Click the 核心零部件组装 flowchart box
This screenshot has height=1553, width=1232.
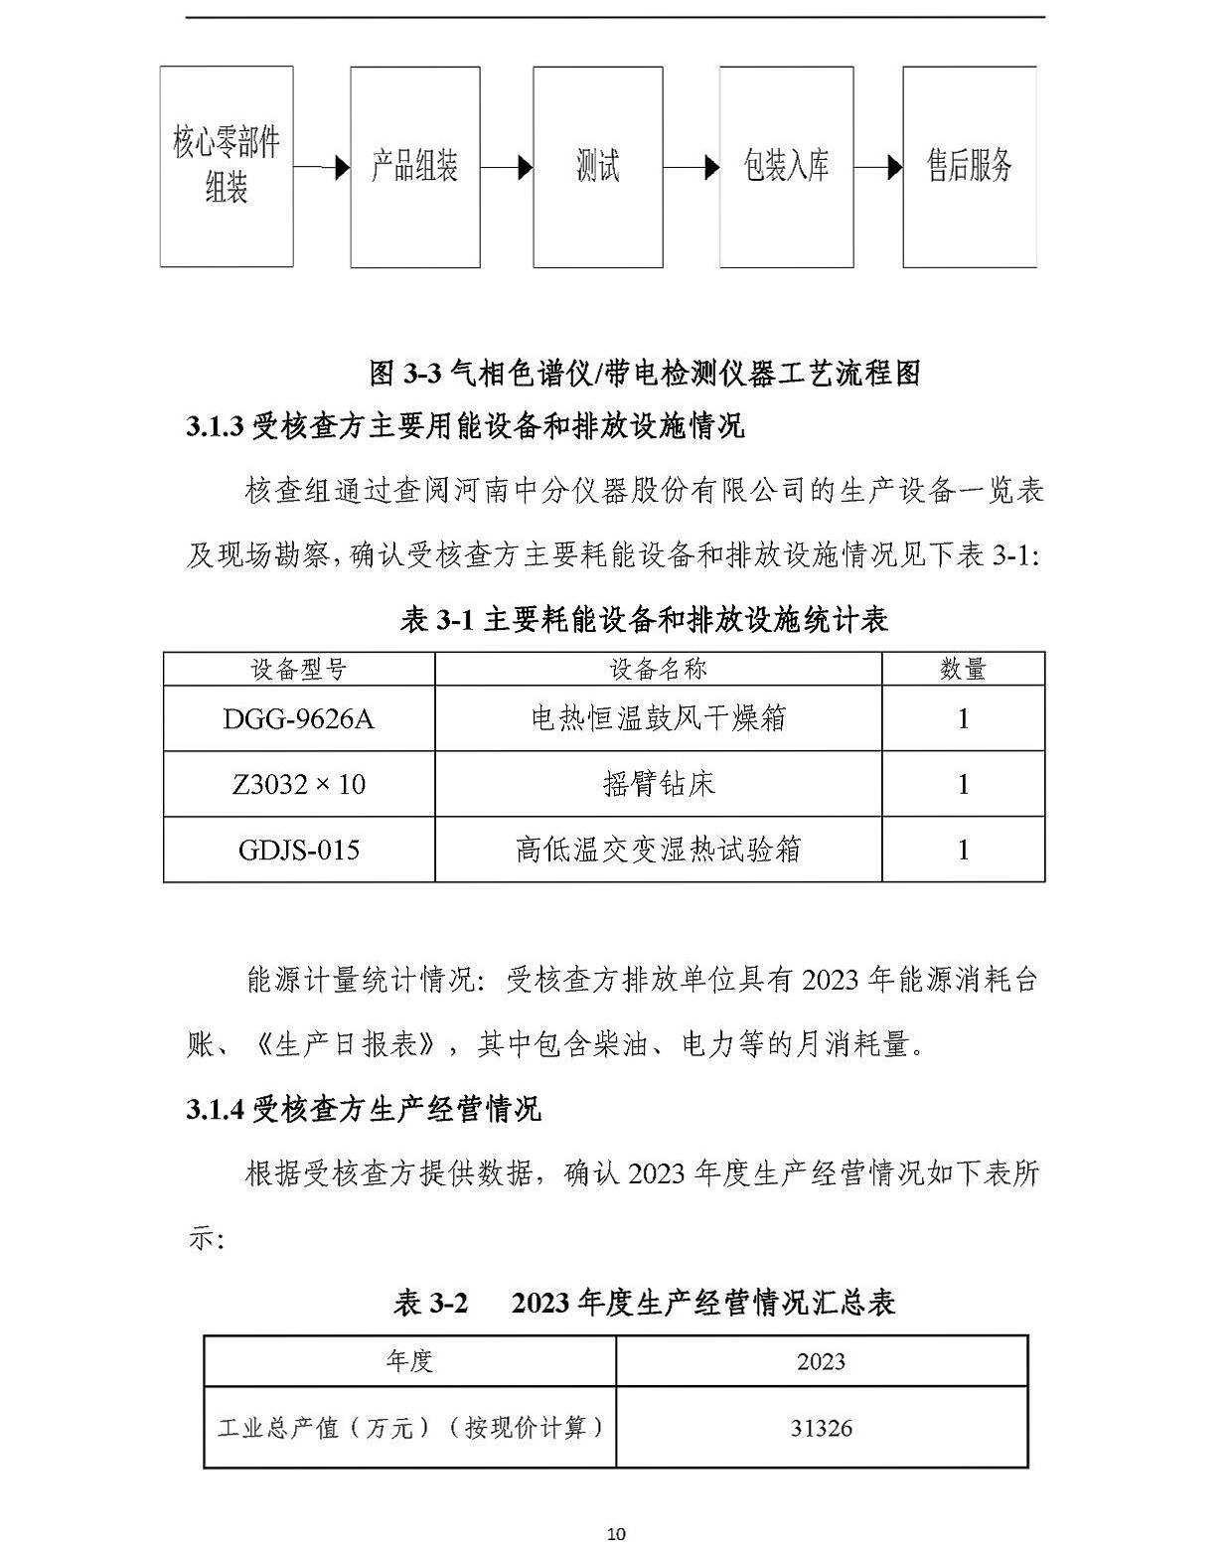(227, 166)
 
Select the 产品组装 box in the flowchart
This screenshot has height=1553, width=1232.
(414, 166)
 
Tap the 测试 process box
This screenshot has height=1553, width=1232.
(597, 166)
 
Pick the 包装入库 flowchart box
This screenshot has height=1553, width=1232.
(786, 166)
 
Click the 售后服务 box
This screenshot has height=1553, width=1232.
(969, 166)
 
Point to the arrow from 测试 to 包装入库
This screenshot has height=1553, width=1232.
(692, 167)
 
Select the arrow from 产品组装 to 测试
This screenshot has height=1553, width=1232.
(507, 167)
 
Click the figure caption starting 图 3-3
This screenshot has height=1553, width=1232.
(645, 373)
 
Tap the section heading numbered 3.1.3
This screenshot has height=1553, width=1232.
(465, 426)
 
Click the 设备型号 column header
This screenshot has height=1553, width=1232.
(299, 669)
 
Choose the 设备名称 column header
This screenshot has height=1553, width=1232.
(658, 669)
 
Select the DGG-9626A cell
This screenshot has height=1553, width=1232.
(299, 718)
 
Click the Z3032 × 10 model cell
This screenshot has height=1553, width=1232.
(299, 784)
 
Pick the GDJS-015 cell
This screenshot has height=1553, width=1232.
(299, 850)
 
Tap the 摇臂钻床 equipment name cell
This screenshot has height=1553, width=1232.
(658, 784)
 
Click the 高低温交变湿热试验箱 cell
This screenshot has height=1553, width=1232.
(658, 850)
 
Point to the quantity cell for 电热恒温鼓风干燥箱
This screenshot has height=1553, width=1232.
(963, 718)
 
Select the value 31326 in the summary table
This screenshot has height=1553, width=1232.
(822, 1428)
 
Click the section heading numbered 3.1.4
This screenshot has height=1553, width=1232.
(364, 1109)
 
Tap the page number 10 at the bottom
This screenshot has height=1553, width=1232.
(616, 1534)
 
